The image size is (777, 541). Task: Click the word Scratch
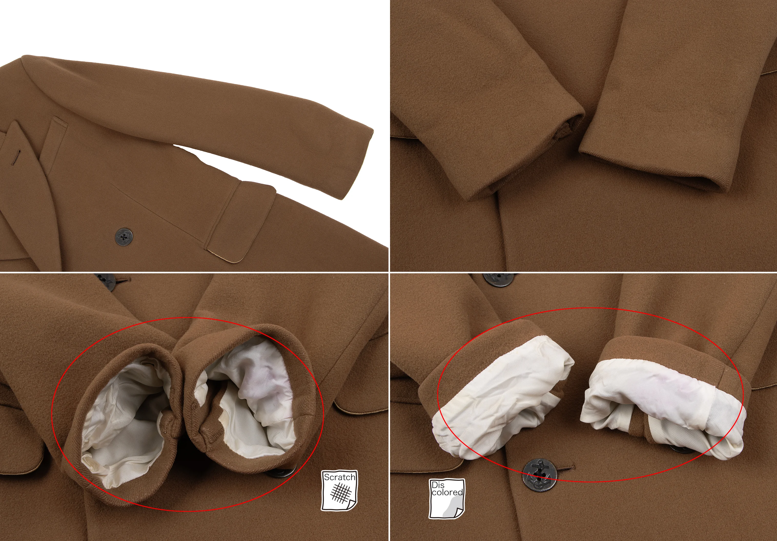pos(340,477)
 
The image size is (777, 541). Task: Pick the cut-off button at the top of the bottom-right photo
pos(497,279)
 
